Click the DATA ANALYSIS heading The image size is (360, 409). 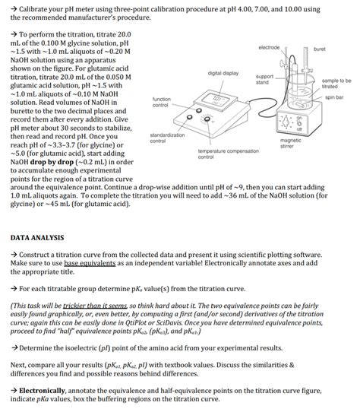point(37,238)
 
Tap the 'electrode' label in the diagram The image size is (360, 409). point(269,47)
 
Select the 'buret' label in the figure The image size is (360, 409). point(319,49)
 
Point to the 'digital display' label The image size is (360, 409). point(223,73)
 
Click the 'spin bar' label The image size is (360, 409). point(334,97)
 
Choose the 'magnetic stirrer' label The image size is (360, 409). point(290,143)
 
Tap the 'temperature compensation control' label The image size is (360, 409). point(229,154)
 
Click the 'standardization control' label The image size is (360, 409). point(167,138)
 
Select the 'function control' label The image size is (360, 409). point(161,102)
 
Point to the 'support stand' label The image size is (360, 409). point(264,79)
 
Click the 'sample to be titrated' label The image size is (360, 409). point(336,84)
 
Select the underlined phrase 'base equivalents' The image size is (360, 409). point(90,263)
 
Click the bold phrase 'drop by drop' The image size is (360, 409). point(52,162)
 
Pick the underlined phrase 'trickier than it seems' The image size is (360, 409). point(95,306)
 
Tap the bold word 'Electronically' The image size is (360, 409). point(42,391)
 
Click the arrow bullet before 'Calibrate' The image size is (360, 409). point(14,9)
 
